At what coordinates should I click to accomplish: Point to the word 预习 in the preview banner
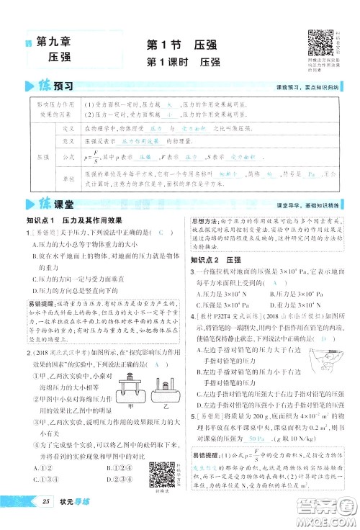(x=63, y=87)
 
